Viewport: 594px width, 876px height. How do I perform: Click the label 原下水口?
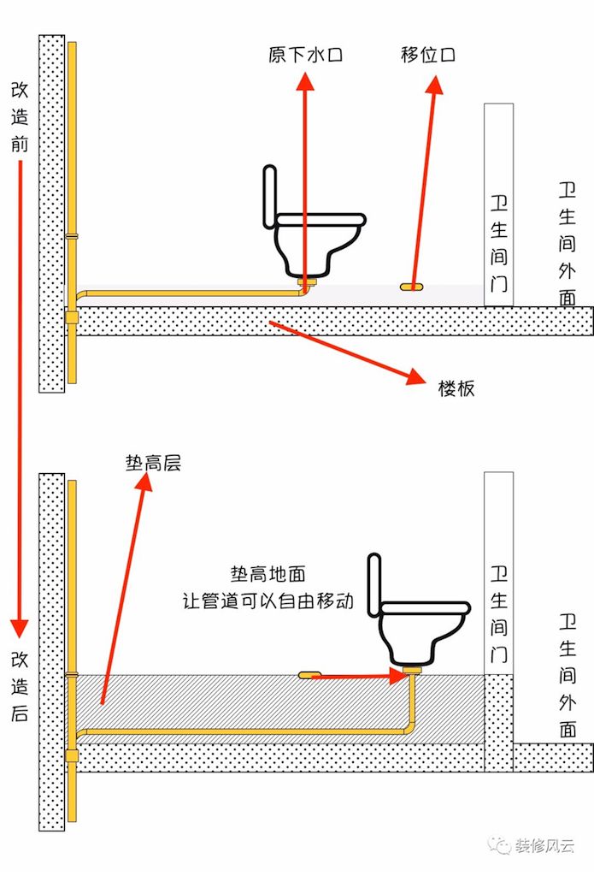[x=305, y=55]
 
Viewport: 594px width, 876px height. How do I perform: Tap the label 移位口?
[x=428, y=54]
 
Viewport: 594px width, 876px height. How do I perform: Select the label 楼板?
[x=456, y=388]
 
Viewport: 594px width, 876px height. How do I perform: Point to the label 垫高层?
[x=153, y=463]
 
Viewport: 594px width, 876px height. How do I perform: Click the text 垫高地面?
[x=268, y=574]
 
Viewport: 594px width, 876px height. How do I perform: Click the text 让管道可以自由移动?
[x=268, y=601]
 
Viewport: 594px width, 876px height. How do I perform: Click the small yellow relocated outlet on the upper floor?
[x=411, y=287]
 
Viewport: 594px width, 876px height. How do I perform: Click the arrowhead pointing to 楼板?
[x=416, y=376]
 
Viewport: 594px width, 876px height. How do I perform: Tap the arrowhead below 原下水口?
[x=305, y=81]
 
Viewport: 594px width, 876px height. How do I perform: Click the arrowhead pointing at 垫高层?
[x=144, y=482]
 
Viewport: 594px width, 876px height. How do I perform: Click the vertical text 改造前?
[x=20, y=116]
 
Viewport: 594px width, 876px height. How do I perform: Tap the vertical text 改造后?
[x=20, y=687]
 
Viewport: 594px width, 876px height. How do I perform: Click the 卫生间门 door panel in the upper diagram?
[x=498, y=204]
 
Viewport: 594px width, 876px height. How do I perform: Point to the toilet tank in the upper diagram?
[x=270, y=196]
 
